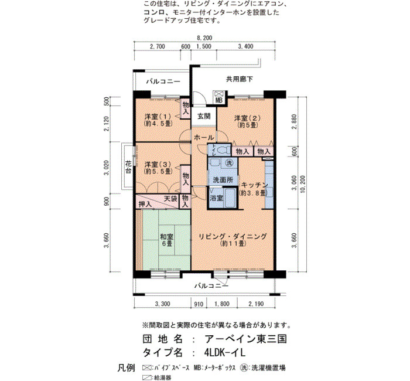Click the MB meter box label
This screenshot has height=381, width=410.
(x=219, y=100)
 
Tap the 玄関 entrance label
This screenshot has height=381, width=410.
(x=204, y=116)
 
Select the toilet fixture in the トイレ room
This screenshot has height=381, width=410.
(x=222, y=151)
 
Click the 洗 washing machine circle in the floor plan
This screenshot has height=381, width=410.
(x=230, y=163)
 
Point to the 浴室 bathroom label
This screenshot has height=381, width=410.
(x=217, y=198)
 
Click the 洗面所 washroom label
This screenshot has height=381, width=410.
(x=223, y=181)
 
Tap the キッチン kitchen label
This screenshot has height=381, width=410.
(x=254, y=185)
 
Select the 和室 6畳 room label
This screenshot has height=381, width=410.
(x=166, y=240)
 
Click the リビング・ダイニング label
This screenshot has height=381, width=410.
(x=233, y=237)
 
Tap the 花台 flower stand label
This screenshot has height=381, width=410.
(x=128, y=168)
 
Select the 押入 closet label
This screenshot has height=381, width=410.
(x=145, y=204)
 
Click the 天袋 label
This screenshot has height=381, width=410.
(x=170, y=198)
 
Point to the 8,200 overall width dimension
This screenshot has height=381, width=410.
(x=204, y=38)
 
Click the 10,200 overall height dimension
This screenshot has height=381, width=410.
(x=303, y=184)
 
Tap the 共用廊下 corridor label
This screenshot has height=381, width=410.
(x=240, y=79)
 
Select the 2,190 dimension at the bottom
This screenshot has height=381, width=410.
(x=257, y=304)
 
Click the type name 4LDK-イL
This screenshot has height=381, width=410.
(x=225, y=353)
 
